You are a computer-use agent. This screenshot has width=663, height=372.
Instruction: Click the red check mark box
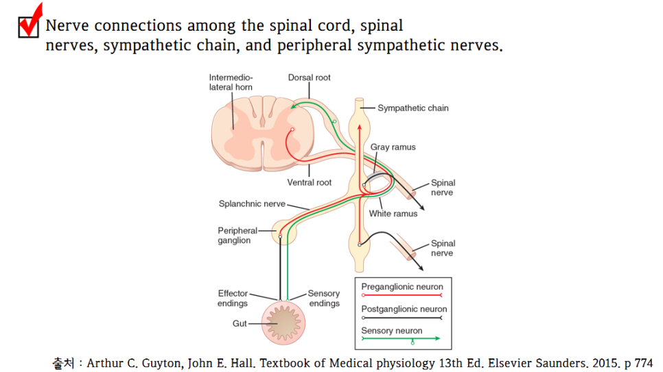[29, 25]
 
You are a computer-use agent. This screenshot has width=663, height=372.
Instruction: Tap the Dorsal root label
[309, 77]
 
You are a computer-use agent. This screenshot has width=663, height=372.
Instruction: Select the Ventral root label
[309, 182]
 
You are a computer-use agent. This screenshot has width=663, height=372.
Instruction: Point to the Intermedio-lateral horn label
[231, 82]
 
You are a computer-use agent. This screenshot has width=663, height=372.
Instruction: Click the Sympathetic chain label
[413, 108]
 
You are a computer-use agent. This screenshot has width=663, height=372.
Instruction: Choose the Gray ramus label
[393, 147]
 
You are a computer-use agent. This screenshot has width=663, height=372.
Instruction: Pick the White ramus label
[393, 214]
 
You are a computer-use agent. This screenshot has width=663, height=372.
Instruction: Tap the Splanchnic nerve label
[251, 203]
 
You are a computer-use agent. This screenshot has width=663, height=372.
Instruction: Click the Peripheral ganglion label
[237, 236]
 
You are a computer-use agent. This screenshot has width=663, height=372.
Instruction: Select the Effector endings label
[233, 298]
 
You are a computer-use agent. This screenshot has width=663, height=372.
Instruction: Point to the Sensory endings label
[324, 298]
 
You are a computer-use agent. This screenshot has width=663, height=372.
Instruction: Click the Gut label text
[240, 323]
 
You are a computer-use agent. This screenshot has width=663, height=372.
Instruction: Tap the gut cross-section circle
[280, 322]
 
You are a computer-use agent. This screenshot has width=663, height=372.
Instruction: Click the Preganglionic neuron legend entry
[402, 287]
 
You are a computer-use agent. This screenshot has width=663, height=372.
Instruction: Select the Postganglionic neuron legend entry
[404, 309]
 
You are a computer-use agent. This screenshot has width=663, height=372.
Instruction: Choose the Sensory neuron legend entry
[392, 331]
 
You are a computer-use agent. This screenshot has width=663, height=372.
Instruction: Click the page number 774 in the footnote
[641, 363]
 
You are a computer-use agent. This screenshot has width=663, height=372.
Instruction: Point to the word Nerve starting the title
[67, 26]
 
